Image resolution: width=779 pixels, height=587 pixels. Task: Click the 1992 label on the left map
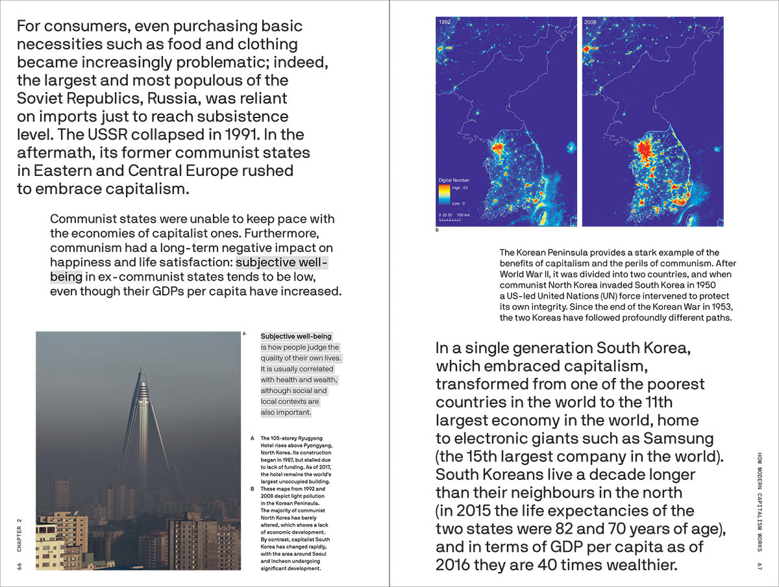coord(445,22)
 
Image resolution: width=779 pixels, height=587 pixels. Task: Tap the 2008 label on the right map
coord(590,22)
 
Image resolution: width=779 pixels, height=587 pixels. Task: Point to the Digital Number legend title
coord(454,180)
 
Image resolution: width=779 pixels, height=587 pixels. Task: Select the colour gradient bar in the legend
coord(445,195)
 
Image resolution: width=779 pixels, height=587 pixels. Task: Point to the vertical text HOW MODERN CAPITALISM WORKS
coord(759,500)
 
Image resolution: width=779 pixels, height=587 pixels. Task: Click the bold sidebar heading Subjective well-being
coord(296,336)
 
